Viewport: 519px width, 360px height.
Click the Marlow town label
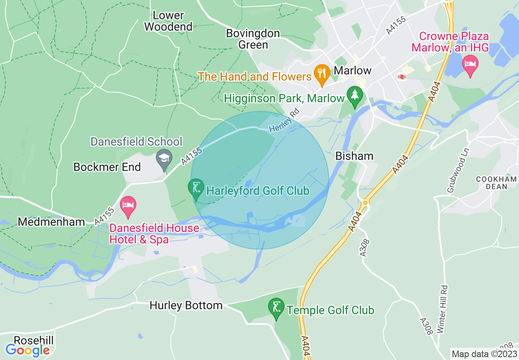click(x=352, y=70)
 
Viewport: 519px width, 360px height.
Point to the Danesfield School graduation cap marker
click(x=165, y=159)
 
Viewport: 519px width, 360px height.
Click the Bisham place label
click(x=349, y=156)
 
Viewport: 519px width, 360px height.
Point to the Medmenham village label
click(x=52, y=222)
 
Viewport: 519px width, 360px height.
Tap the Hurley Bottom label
click(x=186, y=305)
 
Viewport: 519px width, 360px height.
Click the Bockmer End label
click(x=107, y=167)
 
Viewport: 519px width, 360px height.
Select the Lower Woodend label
click(x=168, y=21)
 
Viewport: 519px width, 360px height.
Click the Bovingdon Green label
click(x=253, y=39)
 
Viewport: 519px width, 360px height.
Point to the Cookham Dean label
click(x=496, y=183)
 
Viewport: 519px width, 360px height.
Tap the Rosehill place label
click(x=34, y=340)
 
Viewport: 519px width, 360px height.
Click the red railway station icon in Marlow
click(x=402, y=77)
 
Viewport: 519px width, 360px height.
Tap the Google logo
click(x=27, y=350)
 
